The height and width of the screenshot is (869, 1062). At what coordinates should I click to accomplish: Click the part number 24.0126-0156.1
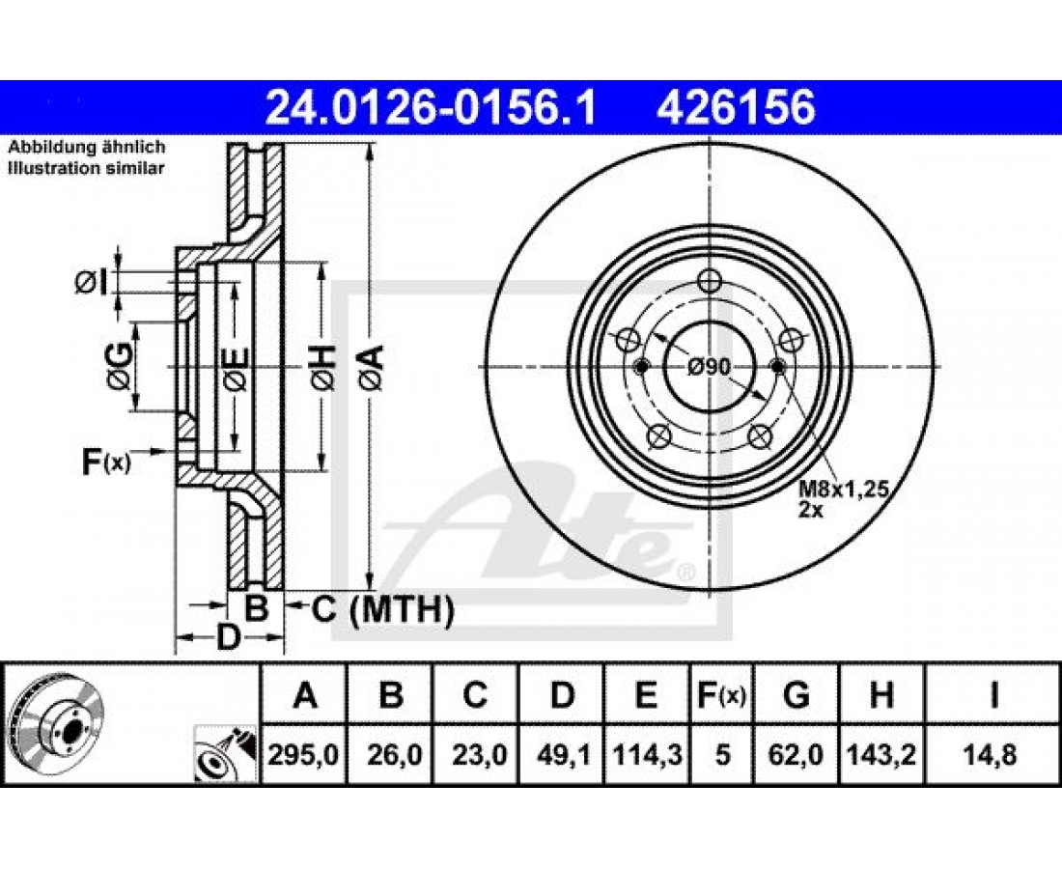[431, 108]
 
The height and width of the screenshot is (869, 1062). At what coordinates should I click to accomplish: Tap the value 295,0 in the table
[303, 754]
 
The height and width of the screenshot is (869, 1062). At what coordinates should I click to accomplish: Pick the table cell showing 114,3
[646, 754]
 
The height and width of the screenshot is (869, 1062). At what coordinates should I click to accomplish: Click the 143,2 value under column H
[880, 754]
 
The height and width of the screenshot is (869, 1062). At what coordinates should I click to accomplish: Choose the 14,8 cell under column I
[993, 754]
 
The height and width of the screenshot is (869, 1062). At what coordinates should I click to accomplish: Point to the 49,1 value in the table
[561, 754]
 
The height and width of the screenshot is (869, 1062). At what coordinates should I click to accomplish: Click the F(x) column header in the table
[721, 695]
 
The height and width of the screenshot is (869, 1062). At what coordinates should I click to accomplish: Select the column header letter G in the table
[796, 695]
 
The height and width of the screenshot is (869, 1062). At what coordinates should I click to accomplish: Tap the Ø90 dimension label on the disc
[709, 367]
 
